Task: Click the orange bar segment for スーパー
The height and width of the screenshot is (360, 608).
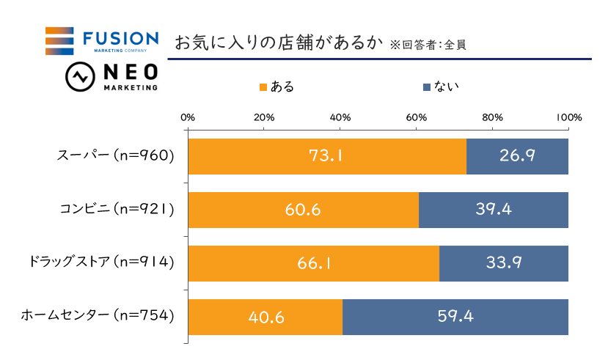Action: (327, 156)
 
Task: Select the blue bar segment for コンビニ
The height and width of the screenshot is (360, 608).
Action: (493, 210)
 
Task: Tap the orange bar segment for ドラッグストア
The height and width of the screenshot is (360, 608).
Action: (313, 263)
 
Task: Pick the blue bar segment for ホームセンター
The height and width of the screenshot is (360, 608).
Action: (455, 317)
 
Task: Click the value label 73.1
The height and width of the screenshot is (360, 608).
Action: (327, 156)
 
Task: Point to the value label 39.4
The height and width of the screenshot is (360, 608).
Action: (493, 210)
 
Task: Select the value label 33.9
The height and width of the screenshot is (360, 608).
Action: (503, 263)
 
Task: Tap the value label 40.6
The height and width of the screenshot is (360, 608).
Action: (265, 317)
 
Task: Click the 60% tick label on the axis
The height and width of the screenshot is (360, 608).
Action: (417, 117)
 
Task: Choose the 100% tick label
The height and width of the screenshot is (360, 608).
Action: (569, 117)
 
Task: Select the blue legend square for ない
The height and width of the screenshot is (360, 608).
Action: (428, 87)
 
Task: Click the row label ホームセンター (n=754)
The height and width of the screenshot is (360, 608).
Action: (98, 317)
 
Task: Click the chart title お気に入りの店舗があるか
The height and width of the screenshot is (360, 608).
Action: (278, 43)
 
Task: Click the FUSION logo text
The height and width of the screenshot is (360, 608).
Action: (121, 37)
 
